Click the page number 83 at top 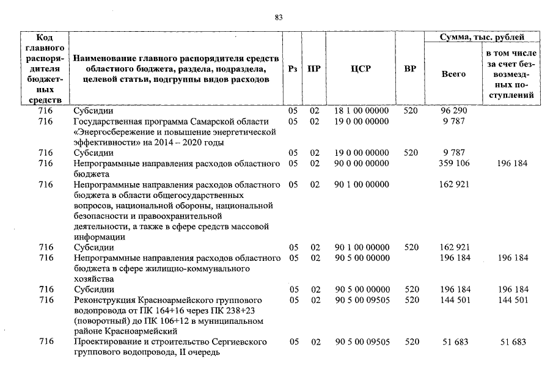[x=279, y=17]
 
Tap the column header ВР [x=411, y=69]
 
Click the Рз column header [x=293, y=69]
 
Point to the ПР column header [x=314, y=69]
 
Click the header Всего [x=453, y=73]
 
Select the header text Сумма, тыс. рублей [x=482, y=37]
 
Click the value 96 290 [x=452, y=112]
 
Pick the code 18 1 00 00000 [x=362, y=112]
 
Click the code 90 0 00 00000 [x=362, y=164]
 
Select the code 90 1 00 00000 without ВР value [x=362, y=185]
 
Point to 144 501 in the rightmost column [x=513, y=301]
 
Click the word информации [x=98, y=237]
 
